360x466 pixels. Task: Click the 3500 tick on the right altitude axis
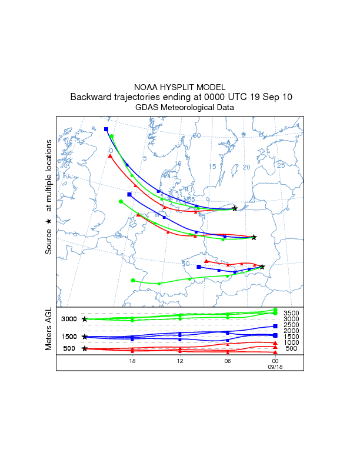291,313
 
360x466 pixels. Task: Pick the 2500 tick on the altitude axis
291,325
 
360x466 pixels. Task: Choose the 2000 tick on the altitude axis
291,331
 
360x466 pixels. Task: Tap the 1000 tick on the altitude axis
291,342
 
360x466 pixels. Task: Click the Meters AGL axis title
49,330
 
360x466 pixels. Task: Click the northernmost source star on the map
235,208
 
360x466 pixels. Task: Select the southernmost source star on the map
262,267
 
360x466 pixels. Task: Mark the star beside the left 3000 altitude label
85,319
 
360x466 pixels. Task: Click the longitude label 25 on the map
281,165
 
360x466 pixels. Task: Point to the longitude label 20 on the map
246,168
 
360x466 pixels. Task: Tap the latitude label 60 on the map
197,135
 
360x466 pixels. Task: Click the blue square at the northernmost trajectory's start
106,129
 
